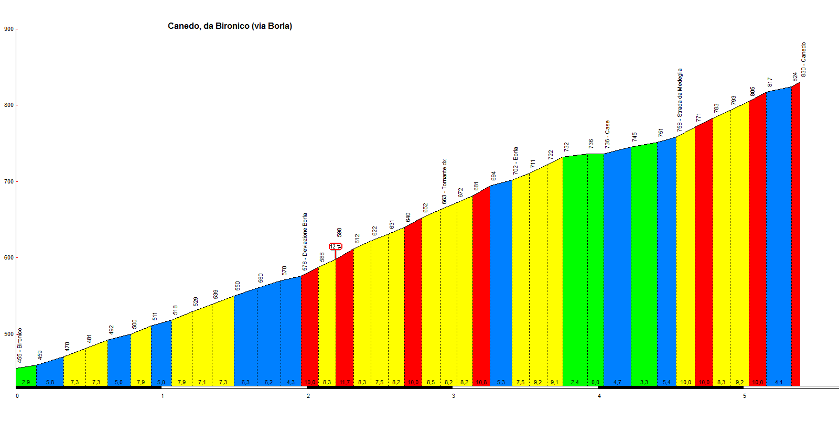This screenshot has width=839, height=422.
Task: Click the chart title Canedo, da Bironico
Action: (230, 26)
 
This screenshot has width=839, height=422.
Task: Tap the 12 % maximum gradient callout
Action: (335, 246)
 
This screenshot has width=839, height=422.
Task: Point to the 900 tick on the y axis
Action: (8, 29)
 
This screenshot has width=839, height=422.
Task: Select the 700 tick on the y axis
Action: (8, 181)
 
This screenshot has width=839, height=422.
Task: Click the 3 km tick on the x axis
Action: (454, 396)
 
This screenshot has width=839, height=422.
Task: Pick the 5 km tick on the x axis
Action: (745, 396)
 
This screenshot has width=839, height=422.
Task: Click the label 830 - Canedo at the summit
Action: (803, 59)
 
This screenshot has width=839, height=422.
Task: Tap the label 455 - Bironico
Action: (19, 346)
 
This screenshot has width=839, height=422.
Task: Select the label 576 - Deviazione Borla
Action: (305, 242)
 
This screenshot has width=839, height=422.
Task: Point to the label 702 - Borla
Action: (515, 161)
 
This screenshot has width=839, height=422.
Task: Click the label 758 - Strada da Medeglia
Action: (680, 100)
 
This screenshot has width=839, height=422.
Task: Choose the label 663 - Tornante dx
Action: (444, 181)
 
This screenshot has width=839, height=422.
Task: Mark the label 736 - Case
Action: (607, 134)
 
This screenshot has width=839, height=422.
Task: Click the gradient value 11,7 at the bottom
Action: (345, 382)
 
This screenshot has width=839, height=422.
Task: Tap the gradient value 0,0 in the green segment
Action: (595, 382)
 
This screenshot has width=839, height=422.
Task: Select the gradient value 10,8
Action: (481, 382)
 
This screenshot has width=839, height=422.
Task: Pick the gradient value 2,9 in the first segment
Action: (26, 382)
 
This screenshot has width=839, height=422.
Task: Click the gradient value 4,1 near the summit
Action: (778, 382)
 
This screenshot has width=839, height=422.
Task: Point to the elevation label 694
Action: (493, 176)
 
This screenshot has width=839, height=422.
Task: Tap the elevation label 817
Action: (770, 82)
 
